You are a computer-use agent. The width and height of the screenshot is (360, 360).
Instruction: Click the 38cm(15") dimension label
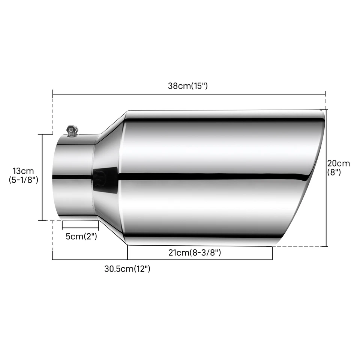187,86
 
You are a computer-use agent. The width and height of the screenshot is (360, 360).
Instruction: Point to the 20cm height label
339,163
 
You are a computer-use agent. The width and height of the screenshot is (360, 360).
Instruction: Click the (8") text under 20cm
334,172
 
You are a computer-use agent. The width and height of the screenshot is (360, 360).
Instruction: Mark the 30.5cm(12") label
127,268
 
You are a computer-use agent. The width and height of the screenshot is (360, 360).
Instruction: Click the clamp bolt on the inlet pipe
71,131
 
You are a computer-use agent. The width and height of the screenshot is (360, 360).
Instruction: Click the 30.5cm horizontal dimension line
90,259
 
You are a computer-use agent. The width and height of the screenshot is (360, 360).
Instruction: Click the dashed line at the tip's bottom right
300,247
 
